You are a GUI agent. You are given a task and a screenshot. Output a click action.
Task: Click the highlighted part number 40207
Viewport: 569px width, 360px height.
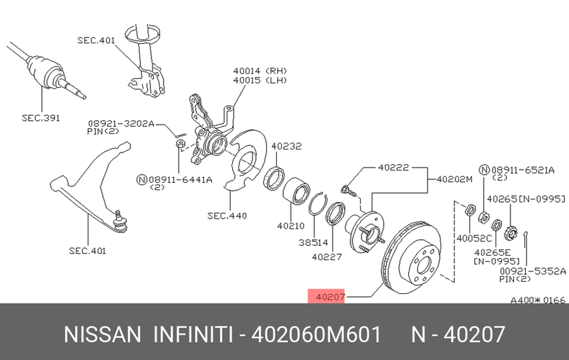pos(331,297)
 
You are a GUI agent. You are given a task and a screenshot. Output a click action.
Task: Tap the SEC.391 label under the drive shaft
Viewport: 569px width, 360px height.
pos(41,118)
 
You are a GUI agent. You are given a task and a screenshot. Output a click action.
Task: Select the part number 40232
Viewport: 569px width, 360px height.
pos(287,146)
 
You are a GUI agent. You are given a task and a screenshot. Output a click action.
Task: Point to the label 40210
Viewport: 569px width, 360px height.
pos(291,226)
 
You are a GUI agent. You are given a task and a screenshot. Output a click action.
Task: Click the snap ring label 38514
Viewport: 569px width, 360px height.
pos(313,243)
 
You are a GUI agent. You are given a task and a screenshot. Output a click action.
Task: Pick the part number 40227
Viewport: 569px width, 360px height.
pos(326,257)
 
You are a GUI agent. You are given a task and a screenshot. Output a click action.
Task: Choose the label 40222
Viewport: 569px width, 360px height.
pos(393,168)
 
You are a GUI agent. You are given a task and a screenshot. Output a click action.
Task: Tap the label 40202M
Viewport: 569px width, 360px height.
pos(455,179)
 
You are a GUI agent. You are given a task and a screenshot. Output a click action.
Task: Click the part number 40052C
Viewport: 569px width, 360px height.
pos(474,238)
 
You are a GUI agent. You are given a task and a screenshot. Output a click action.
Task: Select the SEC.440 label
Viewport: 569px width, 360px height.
pos(227,216)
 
